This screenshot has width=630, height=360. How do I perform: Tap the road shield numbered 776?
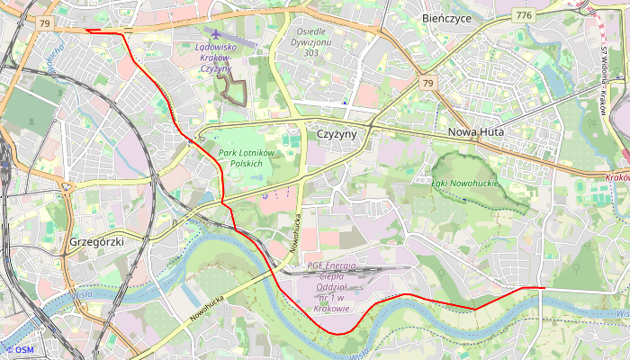[523, 15]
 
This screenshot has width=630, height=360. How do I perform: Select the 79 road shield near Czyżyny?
[427, 84]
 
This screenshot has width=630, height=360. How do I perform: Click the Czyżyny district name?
[337, 133]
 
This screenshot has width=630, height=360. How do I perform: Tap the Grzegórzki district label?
[95, 243]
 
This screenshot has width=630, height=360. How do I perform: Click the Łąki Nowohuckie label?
[465, 183]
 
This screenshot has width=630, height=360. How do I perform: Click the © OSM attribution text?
[19, 350]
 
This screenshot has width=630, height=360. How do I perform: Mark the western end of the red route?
[86, 31]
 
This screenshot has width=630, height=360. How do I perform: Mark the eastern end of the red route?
[544, 288]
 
